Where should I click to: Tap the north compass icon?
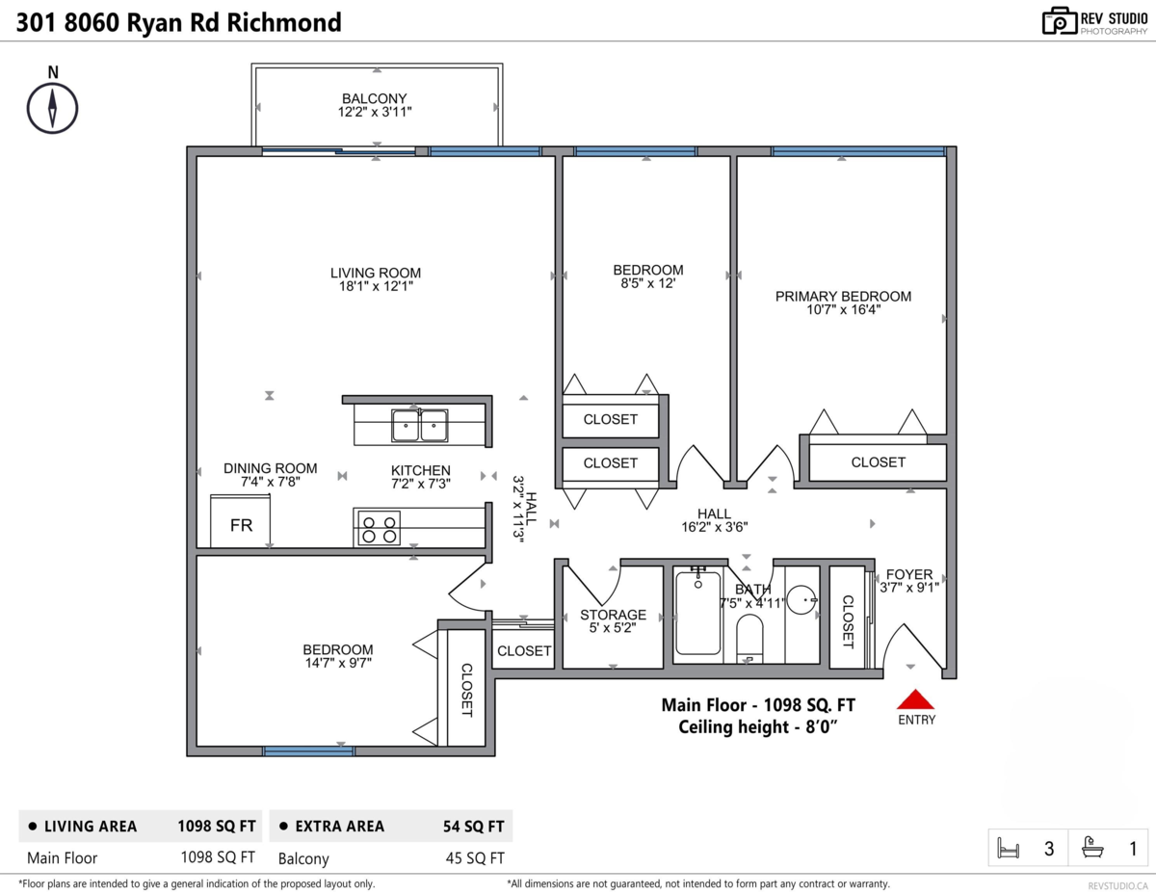(52, 109)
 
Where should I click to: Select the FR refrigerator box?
(241, 521)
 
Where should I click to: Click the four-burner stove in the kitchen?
(379, 528)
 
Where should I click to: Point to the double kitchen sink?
(419, 426)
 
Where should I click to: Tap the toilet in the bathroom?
(749, 638)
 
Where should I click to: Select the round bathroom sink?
(801, 600)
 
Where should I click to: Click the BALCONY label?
(374, 98)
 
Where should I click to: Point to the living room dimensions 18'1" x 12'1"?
(376, 286)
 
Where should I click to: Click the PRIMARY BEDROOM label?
(843, 296)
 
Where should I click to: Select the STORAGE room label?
(613, 615)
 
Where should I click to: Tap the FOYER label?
(909, 574)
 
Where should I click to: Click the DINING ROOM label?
(271, 468)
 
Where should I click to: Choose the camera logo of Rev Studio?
(1060, 21)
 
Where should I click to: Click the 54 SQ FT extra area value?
(473, 826)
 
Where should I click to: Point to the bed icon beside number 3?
(1008, 848)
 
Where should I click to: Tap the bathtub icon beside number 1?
(1092, 847)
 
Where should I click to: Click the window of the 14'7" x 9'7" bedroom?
(308, 750)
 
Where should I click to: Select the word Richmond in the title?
(284, 22)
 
